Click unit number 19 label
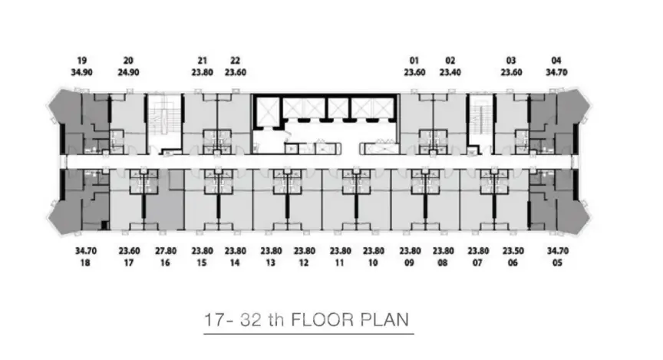coord(81,61)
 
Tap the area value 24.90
coord(129,72)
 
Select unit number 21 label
coord(202,61)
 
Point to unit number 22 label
coord(235,61)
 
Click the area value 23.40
coord(450,72)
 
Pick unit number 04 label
coord(556,61)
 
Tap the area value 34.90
coord(81,72)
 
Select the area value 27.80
coord(165,251)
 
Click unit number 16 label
coord(165,263)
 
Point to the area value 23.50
coord(513,251)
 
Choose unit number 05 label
coord(557,263)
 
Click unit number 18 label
coord(85,263)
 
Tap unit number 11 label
coord(339,263)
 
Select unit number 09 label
coord(409,263)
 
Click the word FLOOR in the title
coord(322,319)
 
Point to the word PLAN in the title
coord(384,319)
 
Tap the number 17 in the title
coord(213,320)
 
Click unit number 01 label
coord(414,61)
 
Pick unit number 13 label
coord(270,263)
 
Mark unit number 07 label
coord(477,263)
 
